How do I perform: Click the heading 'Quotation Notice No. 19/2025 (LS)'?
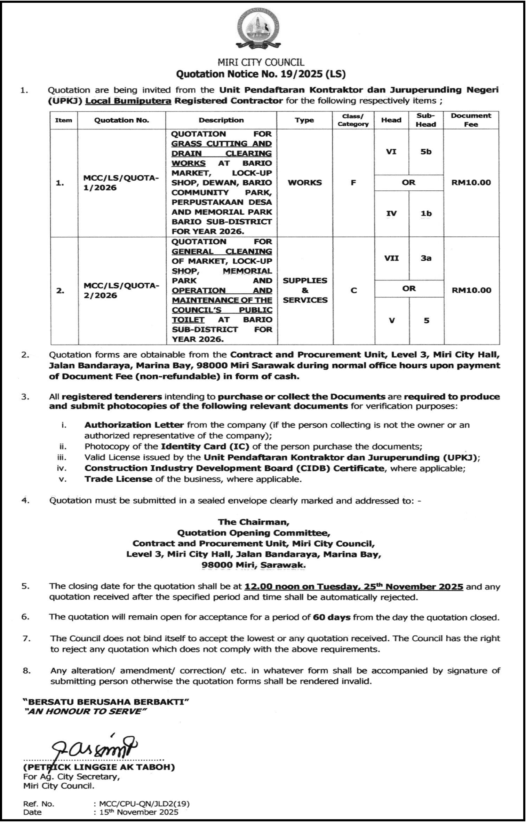point(261,74)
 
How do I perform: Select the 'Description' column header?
point(221,120)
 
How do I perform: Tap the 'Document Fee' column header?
point(471,120)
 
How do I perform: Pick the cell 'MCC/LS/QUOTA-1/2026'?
point(121,183)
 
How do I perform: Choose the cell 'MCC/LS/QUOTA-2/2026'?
point(121,291)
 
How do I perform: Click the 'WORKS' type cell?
point(305,183)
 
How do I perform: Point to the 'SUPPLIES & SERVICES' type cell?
point(305,290)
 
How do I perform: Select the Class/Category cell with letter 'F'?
point(353,183)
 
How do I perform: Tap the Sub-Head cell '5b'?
point(426,152)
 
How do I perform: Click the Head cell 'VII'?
point(391,258)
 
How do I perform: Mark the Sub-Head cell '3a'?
point(426,258)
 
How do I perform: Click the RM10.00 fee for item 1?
point(471,183)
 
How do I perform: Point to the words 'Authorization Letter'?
point(134,425)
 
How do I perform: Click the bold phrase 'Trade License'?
point(118,479)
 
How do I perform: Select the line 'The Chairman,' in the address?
point(254,522)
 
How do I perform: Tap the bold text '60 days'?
point(332,617)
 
